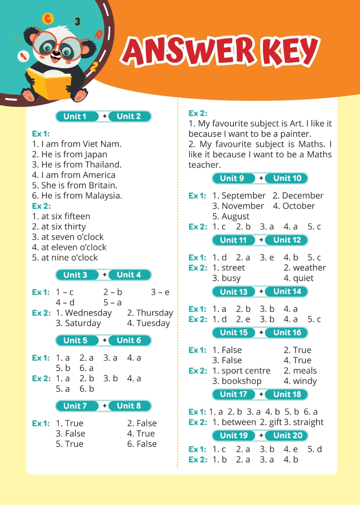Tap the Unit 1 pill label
coord(75,117)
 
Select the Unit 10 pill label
coord(287,178)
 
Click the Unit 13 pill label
coord(234,292)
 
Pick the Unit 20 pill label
coord(287,436)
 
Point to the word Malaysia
coord(103,196)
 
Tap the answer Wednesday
coord(88,313)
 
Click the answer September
coord(244,196)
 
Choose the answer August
coord(236,216)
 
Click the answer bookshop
coord(241,381)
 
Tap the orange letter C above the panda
coord(48,19)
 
